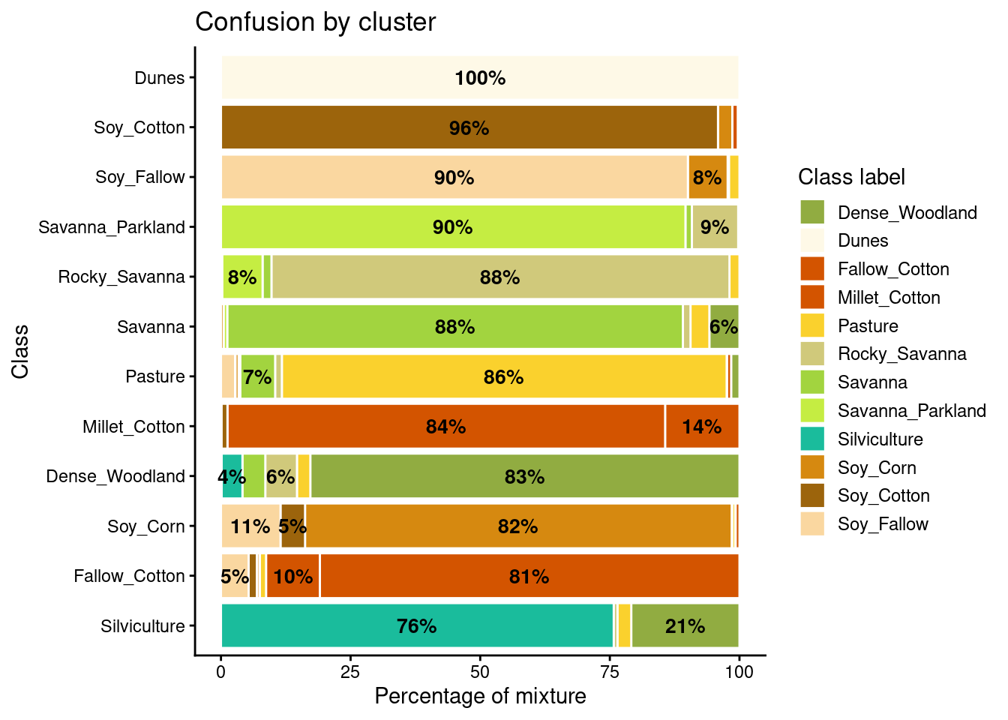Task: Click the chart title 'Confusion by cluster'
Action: click(x=315, y=22)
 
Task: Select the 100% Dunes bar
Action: click(x=480, y=78)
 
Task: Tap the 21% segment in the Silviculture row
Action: click(x=685, y=626)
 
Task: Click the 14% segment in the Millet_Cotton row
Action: click(x=702, y=427)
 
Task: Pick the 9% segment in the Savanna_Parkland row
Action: click(x=715, y=227)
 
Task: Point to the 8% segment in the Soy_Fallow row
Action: click(x=707, y=178)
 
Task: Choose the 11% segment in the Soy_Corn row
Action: click(x=250, y=526)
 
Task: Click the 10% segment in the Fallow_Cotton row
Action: click(x=293, y=576)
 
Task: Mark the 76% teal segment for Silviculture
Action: click(x=417, y=626)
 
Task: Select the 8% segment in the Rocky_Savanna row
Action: click(x=242, y=277)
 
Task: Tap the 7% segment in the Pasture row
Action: click(x=257, y=376)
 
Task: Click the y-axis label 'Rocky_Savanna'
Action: click(x=121, y=277)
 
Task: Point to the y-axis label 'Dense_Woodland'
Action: click(x=115, y=476)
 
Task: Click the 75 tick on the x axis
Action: click(x=610, y=672)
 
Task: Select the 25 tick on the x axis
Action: click(x=351, y=672)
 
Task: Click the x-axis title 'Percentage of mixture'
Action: click(x=480, y=697)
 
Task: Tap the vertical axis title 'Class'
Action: click(x=20, y=351)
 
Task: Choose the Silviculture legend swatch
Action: click(x=812, y=439)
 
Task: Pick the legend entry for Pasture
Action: click(x=868, y=326)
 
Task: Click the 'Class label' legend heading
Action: click(x=851, y=177)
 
